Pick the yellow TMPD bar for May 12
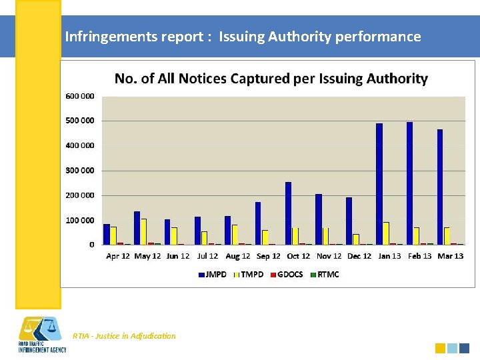143,231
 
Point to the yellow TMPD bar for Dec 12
356,239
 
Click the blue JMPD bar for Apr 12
107,234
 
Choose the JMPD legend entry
212,274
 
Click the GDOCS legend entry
287,274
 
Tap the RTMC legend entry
325,274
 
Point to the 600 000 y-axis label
80,96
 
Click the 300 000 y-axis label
80,170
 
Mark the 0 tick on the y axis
91,245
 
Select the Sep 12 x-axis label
267,256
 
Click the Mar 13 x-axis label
450,256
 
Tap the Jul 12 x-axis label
207,256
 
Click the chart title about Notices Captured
271,79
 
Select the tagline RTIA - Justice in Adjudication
125,336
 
